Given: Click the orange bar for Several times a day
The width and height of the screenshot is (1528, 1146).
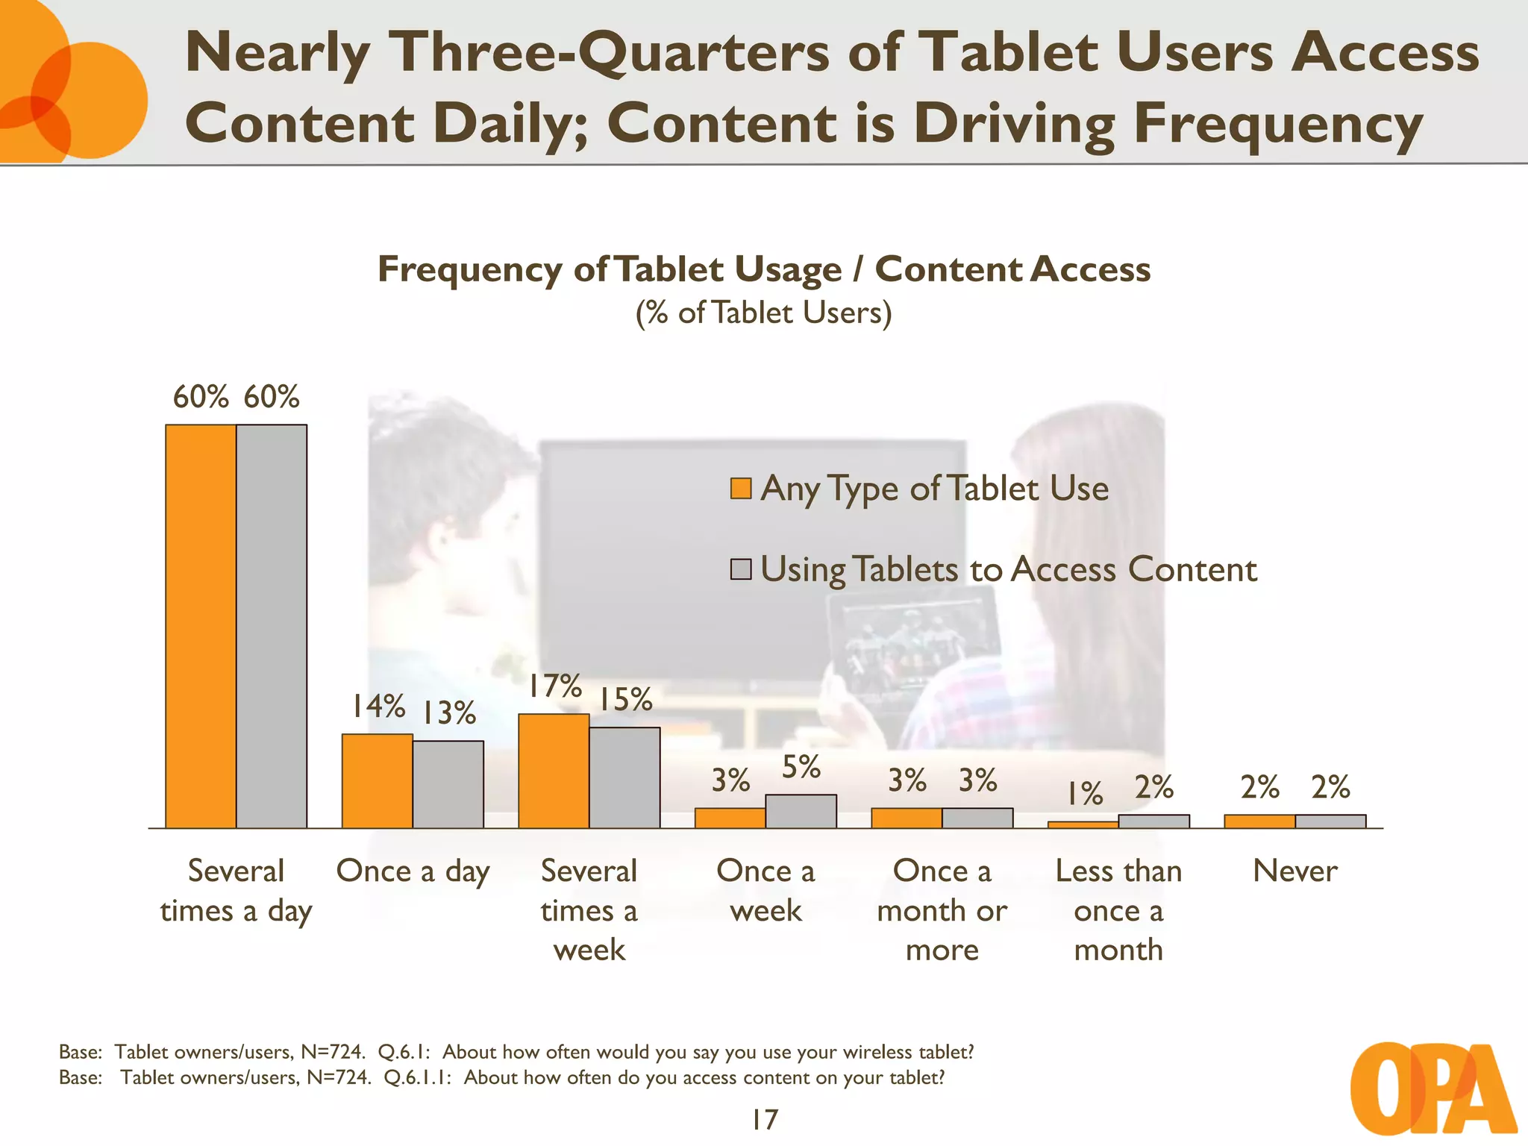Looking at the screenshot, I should (x=201, y=626).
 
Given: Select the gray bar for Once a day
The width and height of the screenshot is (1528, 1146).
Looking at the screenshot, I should (x=448, y=784).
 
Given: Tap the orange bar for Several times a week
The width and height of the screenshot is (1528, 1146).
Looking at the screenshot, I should (x=554, y=771).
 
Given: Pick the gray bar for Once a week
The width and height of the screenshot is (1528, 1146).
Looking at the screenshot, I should (x=801, y=811).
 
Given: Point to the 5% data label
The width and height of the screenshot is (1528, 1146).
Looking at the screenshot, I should (x=801, y=767).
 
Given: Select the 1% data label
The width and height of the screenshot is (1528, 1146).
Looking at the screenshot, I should (x=1083, y=793).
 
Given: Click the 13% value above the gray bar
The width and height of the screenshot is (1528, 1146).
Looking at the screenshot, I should (x=448, y=713).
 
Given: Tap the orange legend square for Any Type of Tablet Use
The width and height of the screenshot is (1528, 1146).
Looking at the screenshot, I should (x=740, y=489).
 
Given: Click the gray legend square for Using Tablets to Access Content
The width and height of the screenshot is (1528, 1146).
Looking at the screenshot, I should (x=740, y=569).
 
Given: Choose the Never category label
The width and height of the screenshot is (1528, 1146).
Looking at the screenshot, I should (x=1294, y=871).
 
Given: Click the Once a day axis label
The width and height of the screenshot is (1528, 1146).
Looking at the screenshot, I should (x=413, y=871).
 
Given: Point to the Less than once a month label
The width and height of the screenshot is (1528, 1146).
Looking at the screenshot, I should (x=1118, y=910).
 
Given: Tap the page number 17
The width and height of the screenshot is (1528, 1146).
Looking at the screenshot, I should (x=764, y=1119).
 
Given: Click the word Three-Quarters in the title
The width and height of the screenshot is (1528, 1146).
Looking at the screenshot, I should (x=611, y=52).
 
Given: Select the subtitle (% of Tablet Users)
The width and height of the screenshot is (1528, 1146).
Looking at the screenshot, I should (x=763, y=313).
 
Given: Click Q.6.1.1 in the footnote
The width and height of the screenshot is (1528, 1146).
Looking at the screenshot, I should (x=416, y=1077).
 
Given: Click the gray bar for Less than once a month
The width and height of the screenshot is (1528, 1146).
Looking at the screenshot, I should (x=1153, y=821).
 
